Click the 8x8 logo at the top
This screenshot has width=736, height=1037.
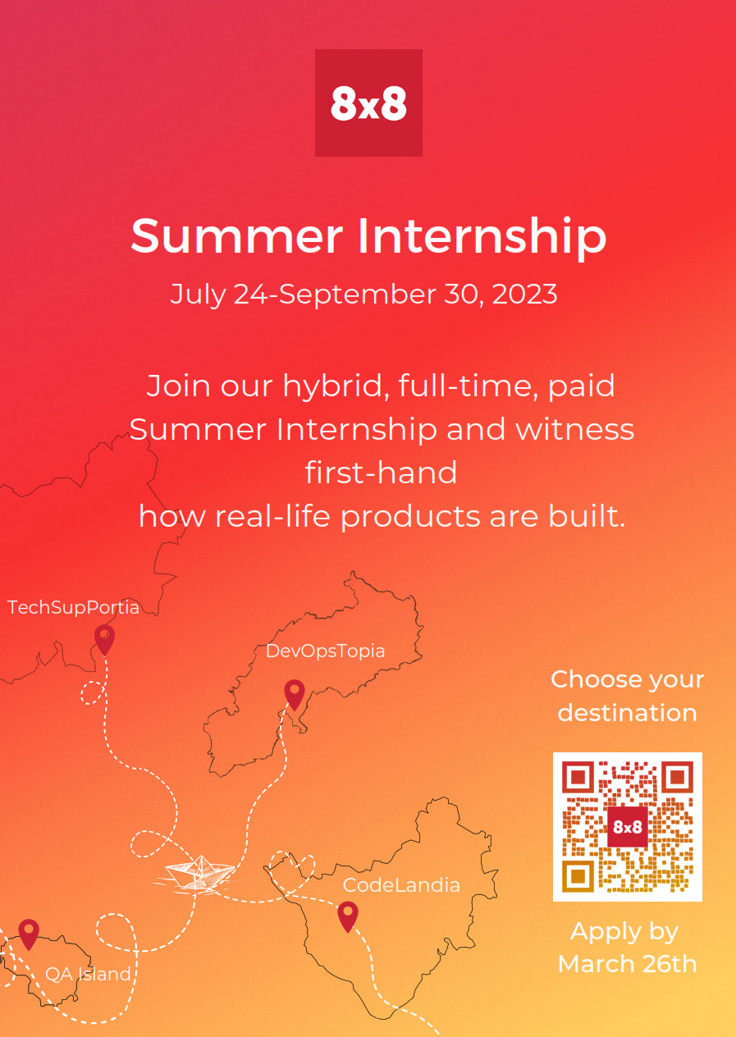pos(368,103)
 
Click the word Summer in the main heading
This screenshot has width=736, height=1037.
pos(236,235)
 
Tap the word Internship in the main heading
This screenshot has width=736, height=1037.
pos(482,237)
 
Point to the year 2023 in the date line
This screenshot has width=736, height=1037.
pos(524,294)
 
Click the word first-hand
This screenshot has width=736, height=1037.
pos(381,473)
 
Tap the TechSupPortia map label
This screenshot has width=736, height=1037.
pos(73,607)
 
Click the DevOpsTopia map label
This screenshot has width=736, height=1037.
pos(326,651)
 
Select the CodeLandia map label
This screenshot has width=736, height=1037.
pos(401,885)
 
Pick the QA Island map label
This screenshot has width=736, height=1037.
pos(88,975)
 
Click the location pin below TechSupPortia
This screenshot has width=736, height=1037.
pos(104,640)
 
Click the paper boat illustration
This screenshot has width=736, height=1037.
pos(199,872)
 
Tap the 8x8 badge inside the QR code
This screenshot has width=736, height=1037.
pos(627,826)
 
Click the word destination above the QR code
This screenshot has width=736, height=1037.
pos(627,714)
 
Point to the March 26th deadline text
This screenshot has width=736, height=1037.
pos(627,964)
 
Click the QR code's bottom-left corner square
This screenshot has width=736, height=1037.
pos(578,876)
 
